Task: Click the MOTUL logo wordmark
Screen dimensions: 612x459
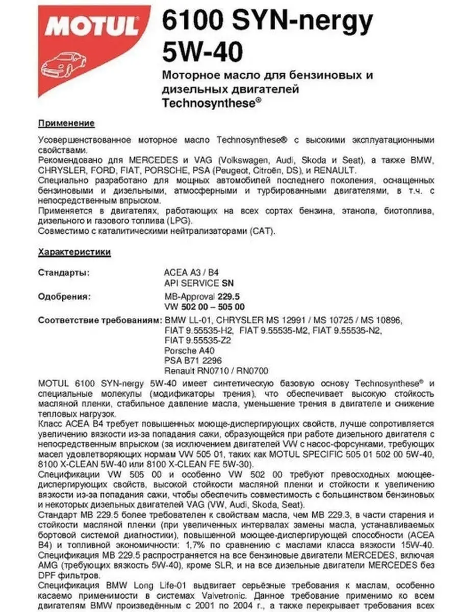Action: pos(92,24)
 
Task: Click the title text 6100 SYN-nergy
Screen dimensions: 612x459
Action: pos(267,22)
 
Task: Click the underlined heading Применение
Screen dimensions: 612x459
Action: pos(66,123)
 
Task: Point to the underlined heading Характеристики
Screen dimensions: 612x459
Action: pos(74,251)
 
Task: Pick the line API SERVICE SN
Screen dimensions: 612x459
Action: pos(199,283)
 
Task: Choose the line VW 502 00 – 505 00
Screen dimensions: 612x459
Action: pos(205,307)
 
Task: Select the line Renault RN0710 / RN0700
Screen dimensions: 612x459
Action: pos(216,371)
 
